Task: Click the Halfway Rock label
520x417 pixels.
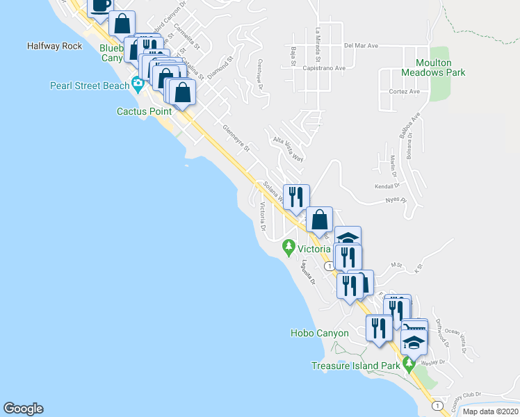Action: coord(54,47)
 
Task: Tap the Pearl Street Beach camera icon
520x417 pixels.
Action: coord(138,85)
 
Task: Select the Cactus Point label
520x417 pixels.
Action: coord(144,111)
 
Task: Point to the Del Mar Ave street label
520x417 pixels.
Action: coord(360,46)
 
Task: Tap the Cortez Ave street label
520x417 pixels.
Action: coord(405,91)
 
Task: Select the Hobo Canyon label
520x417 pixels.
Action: coord(319,334)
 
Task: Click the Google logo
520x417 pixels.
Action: coord(23,409)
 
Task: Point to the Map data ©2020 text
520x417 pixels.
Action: coord(489,411)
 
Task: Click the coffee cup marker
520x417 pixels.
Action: coord(100,5)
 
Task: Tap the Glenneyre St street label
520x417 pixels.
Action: coord(236,137)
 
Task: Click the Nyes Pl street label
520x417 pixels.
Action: coord(395,200)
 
